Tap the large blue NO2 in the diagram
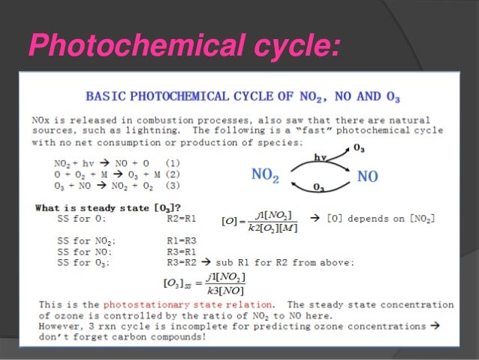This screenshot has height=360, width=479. [x=265, y=175]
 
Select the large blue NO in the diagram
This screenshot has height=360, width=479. [x=367, y=177]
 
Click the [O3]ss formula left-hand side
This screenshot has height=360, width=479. [x=178, y=283]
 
